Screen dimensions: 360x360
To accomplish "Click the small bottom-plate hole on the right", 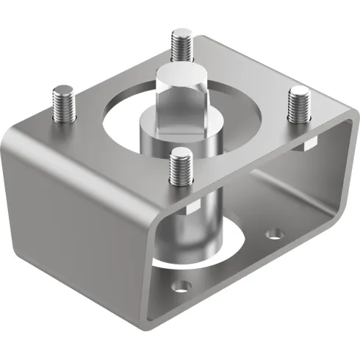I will click(x=275, y=235).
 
